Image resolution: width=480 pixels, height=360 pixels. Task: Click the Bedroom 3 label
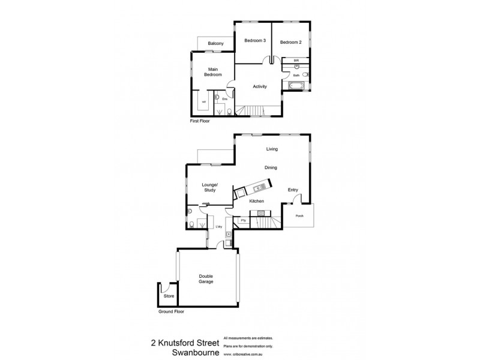point(255,41)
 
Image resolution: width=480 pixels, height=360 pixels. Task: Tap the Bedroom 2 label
point(290,42)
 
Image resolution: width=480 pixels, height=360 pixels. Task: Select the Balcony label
point(215,44)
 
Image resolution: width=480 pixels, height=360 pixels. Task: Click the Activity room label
point(259,86)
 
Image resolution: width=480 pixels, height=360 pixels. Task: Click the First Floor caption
point(202,121)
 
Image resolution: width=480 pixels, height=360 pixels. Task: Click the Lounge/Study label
point(209,187)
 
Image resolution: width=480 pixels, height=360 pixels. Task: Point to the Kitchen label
point(257,202)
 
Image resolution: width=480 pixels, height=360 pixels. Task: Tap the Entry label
point(293,190)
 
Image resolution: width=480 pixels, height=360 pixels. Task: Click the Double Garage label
point(206,279)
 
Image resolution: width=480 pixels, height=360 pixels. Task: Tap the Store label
point(169,296)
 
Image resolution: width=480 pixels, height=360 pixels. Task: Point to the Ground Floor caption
point(172,312)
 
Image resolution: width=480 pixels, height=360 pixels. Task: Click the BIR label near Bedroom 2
point(296,61)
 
